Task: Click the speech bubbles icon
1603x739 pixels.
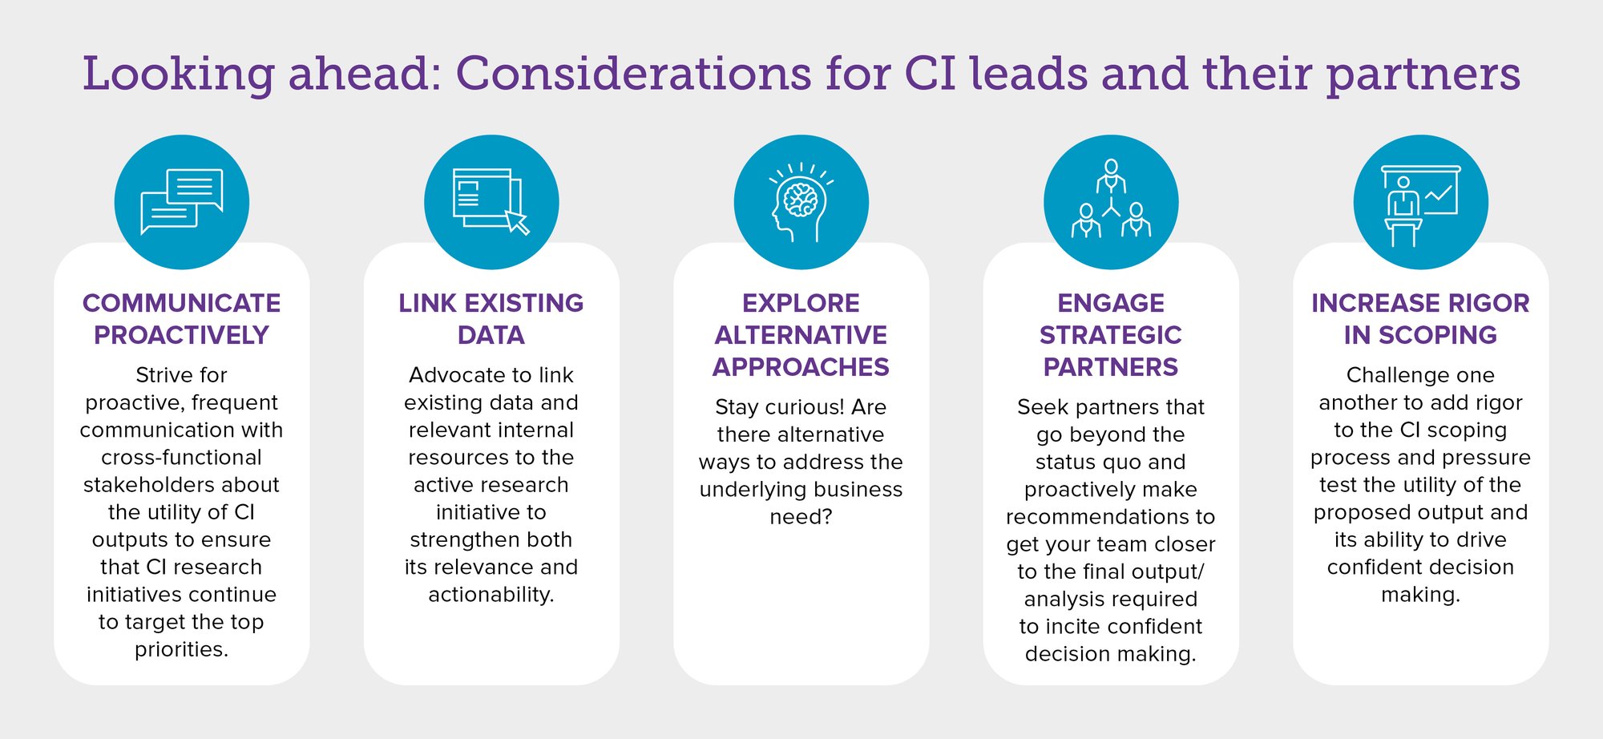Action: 181,201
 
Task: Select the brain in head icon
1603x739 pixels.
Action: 801,202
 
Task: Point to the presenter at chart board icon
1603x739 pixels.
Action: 1420,205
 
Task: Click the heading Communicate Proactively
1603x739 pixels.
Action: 181,319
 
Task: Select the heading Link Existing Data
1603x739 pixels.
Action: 491,319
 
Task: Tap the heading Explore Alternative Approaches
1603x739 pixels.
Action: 801,335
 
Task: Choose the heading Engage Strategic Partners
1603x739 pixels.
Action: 1111,335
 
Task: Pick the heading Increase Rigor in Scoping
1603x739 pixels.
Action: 1420,319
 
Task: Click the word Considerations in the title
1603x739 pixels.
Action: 634,74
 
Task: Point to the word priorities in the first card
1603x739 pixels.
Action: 181,650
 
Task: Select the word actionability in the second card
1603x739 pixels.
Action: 491,595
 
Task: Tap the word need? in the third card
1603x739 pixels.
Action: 801,517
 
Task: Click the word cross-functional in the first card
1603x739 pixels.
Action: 181,458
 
